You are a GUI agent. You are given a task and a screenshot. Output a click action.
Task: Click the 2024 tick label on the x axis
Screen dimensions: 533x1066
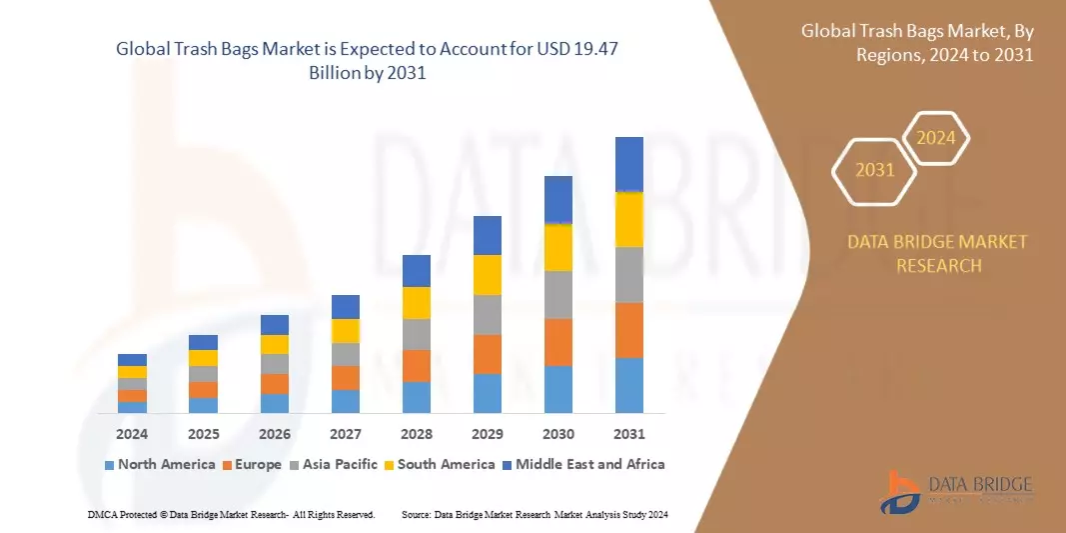(x=132, y=434)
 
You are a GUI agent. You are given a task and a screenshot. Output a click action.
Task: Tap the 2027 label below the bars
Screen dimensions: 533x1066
(x=346, y=434)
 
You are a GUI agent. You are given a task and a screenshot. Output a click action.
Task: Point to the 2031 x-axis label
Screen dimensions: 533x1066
(x=629, y=434)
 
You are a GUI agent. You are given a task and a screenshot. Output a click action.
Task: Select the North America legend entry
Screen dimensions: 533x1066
(x=159, y=464)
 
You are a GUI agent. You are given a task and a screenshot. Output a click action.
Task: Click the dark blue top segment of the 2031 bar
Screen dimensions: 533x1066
(x=629, y=164)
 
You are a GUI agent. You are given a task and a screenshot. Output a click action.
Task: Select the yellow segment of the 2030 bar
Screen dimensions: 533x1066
(x=558, y=247)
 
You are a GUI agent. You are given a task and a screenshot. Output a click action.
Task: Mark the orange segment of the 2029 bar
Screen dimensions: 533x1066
(x=488, y=354)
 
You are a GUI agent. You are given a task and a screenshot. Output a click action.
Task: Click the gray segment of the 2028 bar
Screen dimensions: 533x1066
(x=417, y=334)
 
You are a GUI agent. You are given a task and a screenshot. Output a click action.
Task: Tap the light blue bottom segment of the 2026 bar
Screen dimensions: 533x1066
(x=275, y=403)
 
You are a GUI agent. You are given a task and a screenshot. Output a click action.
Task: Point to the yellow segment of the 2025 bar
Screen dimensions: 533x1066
(x=203, y=358)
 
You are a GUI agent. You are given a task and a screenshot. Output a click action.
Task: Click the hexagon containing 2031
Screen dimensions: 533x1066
(x=875, y=170)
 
